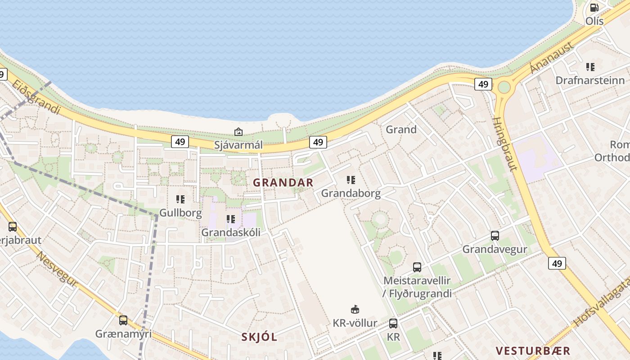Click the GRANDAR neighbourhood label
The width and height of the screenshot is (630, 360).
coord(283,183)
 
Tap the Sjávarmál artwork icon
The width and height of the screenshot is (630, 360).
coord(238,132)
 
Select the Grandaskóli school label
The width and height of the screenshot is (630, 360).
coord(230,232)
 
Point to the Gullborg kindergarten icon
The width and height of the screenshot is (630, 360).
coord(180,199)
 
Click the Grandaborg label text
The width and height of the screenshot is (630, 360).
coord(351,193)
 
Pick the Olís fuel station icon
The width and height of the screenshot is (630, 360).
coord(594,8)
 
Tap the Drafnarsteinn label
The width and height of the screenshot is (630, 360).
coord(590,81)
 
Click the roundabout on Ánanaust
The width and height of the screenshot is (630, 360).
coord(504,87)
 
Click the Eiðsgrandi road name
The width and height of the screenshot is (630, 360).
coord(36,97)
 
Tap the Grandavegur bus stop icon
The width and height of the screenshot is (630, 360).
coord(495,235)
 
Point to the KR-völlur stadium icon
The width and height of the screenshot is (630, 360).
coord(355,309)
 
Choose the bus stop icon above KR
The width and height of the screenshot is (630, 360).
coord(393,323)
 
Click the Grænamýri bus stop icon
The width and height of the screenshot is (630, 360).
coord(123,320)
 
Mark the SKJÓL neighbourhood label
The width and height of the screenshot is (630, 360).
coord(259,337)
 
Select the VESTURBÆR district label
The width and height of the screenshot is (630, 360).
coord(533,351)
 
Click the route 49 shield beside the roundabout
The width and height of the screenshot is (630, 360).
coord(483,84)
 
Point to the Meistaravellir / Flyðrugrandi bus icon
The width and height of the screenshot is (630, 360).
coord(417,267)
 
